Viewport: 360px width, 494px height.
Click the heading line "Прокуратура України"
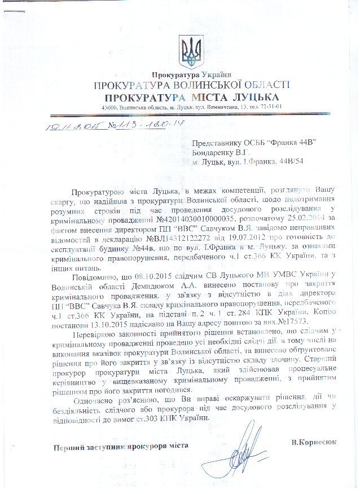click(x=191, y=76)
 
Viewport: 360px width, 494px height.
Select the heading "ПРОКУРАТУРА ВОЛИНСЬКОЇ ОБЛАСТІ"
click(x=192, y=86)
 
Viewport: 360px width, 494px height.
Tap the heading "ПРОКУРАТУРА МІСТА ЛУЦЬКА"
click(x=192, y=97)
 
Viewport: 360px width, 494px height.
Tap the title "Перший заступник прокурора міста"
click(x=121, y=447)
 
